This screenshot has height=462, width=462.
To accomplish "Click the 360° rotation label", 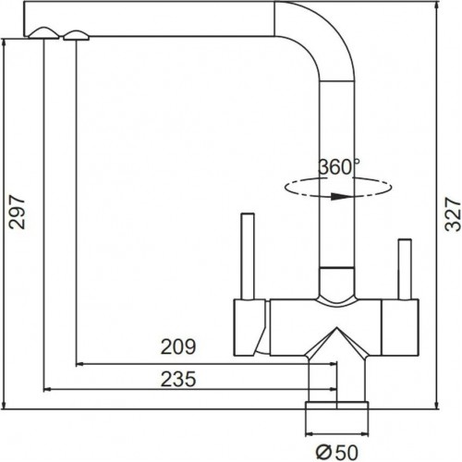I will pyautogui.click(x=338, y=167).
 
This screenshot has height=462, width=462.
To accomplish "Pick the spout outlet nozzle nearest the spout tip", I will pyautogui.click(x=43, y=33).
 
